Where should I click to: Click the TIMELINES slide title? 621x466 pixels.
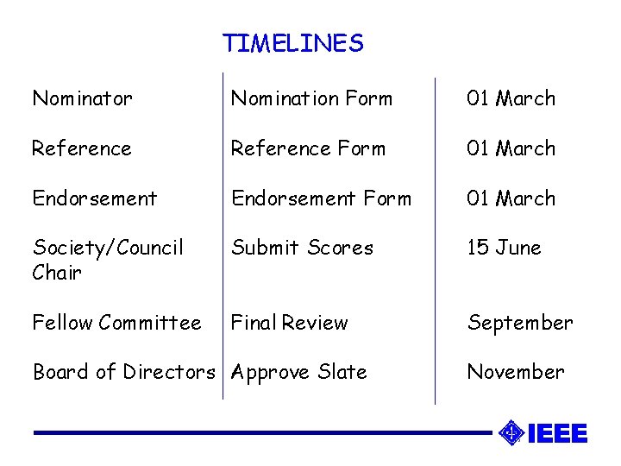click(x=293, y=43)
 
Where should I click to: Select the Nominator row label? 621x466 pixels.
click(x=82, y=98)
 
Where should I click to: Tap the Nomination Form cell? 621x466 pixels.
click(x=311, y=98)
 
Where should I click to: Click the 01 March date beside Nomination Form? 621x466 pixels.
click(x=511, y=98)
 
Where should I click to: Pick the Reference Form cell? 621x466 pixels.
click(x=308, y=148)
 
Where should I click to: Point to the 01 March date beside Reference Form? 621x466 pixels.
click(x=511, y=148)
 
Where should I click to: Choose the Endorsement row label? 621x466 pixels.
click(x=95, y=198)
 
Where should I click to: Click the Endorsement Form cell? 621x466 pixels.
click(x=321, y=198)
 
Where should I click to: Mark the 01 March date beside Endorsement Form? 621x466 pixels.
click(x=511, y=198)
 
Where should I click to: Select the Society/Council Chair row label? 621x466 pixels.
click(x=108, y=260)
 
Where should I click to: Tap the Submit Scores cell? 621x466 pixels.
click(x=302, y=248)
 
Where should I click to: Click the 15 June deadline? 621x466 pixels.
click(x=504, y=248)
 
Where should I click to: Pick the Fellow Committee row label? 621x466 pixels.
click(x=116, y=323)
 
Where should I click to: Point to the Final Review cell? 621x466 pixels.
click(x=289, y=323)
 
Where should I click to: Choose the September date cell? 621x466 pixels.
click(x=520, y=323)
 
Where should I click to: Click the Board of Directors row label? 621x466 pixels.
click(x=123, y=372)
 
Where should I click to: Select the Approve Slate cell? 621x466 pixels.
click(x=299, y=372)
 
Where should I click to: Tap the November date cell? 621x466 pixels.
click(x=516, y=372)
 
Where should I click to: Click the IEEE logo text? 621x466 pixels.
click(x=557, y=433)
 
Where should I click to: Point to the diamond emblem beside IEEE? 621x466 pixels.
click(x=511, y=432)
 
